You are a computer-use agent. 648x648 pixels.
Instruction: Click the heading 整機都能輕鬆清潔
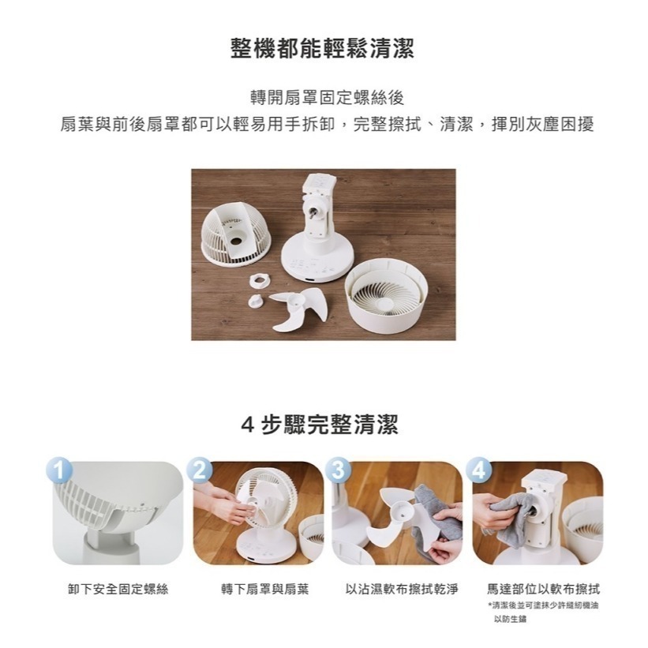(x=324, y=49)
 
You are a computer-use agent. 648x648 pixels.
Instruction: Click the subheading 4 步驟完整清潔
(x=324, y=425)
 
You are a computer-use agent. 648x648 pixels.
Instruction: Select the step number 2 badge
(x=200, y=469)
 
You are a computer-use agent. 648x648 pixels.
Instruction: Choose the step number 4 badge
(x=479, y=469)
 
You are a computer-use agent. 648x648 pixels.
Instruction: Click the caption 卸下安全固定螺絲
(x=118, y=590)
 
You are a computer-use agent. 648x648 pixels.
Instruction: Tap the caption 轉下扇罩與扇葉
(x=257, y=590)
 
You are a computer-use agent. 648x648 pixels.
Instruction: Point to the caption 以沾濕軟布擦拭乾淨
(x=397, y=590)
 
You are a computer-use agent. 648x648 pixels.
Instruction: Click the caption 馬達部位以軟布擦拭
(x=543, y=590)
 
